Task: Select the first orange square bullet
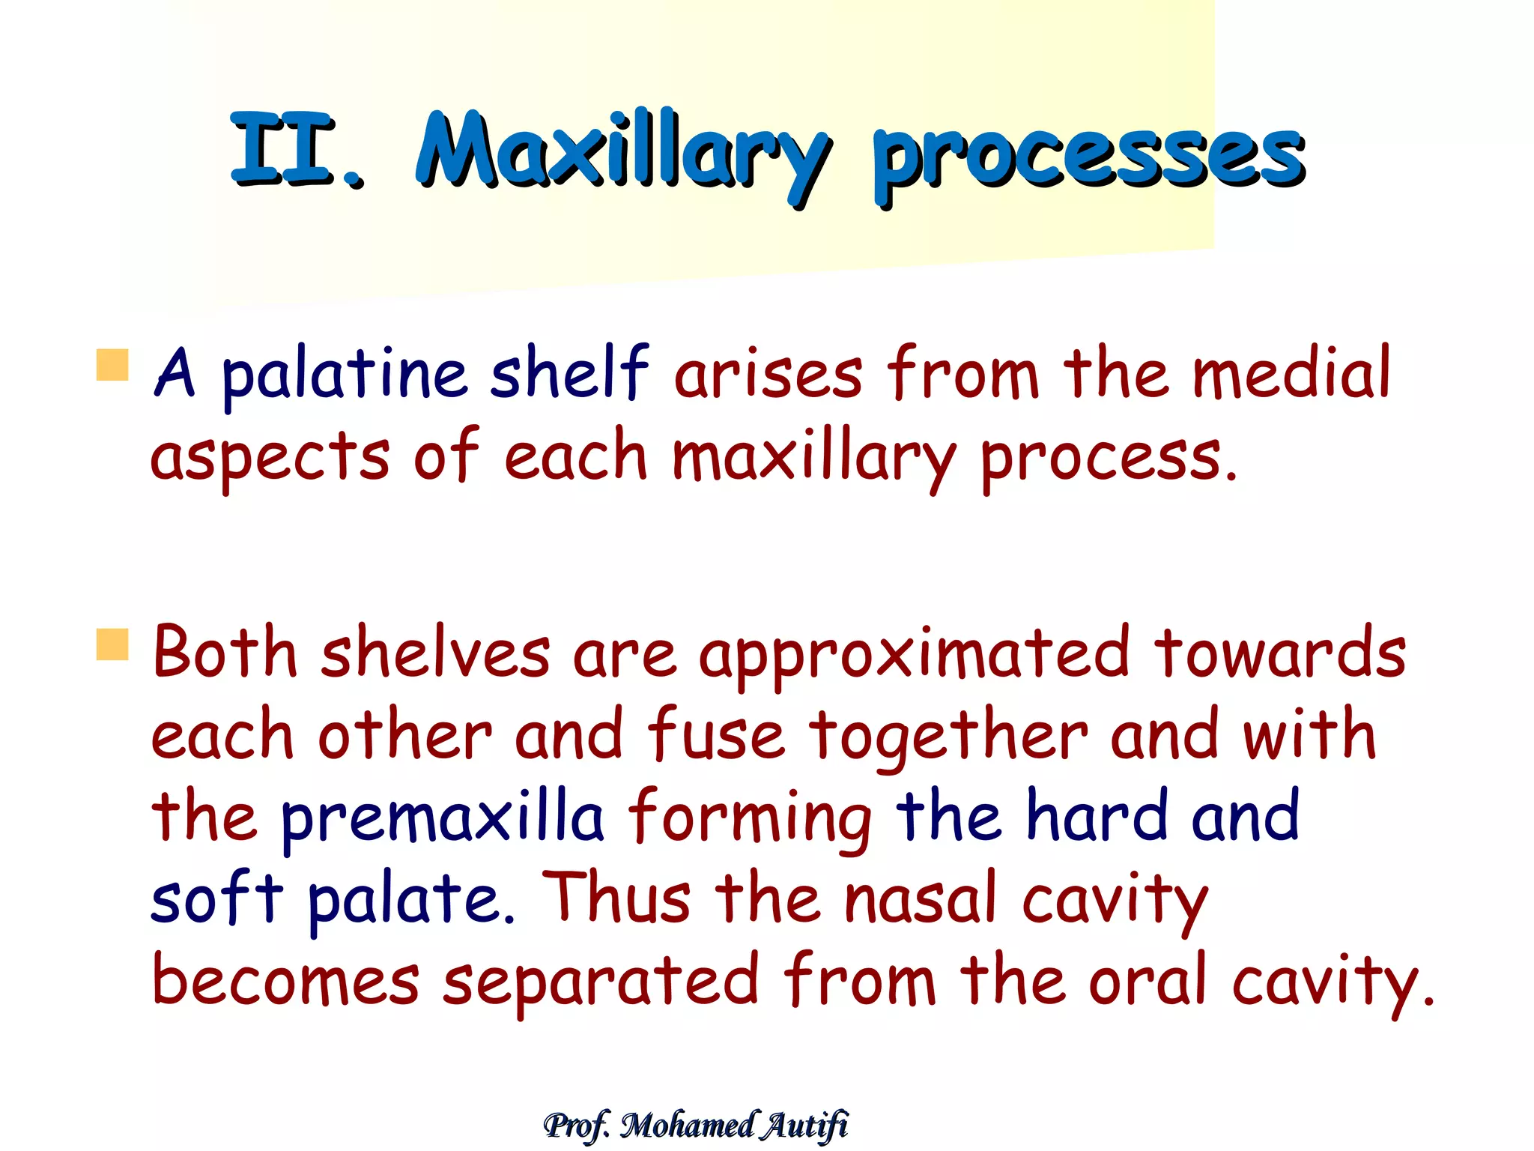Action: pyautogui.click(x=113, y=365)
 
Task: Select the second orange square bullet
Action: pyautogui.click(x=113, y=644)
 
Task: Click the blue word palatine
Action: pyautogui.click(x=345, y=375)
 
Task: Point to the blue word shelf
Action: pyautogui.click(x=569, y=372)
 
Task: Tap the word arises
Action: pyautogui.click(x=768, y=375)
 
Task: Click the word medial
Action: pyautogui.click(x=1291, y=372)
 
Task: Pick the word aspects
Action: pyautogui.click(x=270, y=458)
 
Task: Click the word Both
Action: pyautogui.click(x=225, y=652)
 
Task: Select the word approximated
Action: pyautogui.click(x=914, y=656)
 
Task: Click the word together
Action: pyautogui.click(x=948, y=738)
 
